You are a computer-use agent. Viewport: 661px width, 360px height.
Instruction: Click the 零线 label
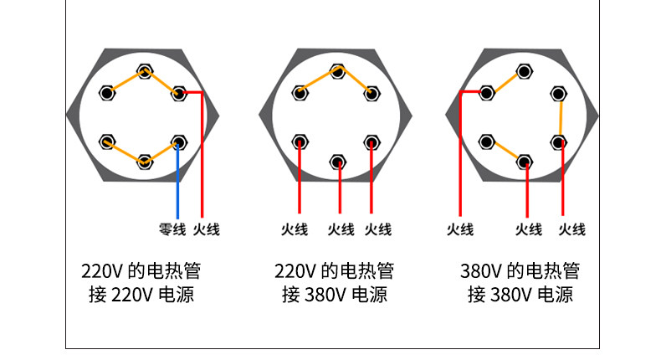pyautogui.click(x=172, y=229)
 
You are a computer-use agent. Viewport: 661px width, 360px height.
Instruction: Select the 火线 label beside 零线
pyautogui.click(x=206, y=229)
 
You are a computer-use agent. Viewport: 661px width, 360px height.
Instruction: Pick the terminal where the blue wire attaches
pyautogui.click(x=177, y=141)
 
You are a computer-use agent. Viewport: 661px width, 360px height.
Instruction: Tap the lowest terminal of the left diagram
pyautogui.click(x=145, y=160)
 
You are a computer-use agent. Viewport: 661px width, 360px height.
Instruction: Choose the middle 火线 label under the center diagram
pyautogui.click(x=341, y=229)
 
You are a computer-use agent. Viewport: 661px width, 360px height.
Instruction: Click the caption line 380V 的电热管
pyautogui.click(x=520, y=271)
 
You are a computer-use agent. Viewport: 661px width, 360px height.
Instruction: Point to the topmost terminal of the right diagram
pyautogui.click(x=524, y=70)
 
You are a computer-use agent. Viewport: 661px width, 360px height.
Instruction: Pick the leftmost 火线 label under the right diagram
pyautogui.click(x=460, y=229)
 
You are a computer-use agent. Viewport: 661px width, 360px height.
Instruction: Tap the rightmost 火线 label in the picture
pyautogui.click(x=571, y=229)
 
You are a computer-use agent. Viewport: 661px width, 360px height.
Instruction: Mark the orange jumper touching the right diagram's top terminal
pyautogui.click(x=506, y=81)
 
